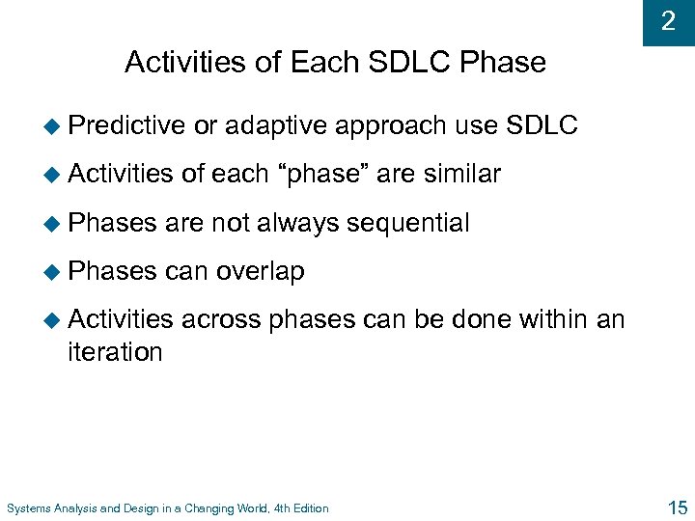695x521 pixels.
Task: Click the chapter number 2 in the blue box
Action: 668,20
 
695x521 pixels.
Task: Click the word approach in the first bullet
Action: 391,124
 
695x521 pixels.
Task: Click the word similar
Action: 459,175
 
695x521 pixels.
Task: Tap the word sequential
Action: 407,224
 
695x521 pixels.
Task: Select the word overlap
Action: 261,273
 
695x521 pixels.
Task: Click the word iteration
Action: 115,351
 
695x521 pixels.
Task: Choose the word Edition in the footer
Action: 308,508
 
